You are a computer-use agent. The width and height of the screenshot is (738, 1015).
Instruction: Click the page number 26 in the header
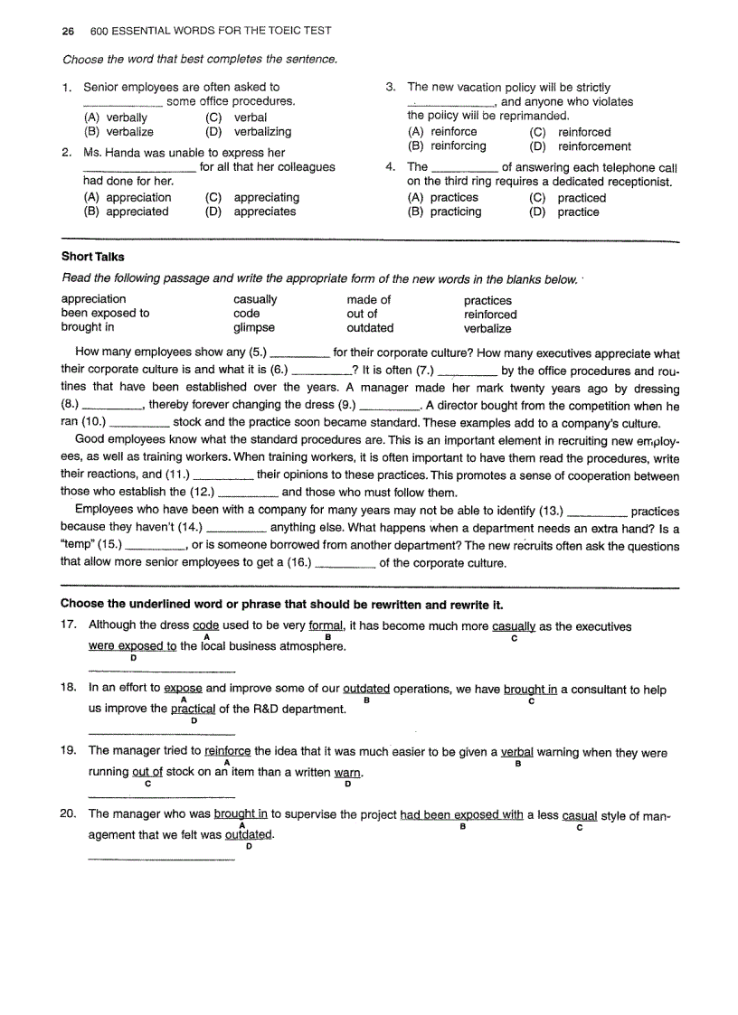tap(67, 31)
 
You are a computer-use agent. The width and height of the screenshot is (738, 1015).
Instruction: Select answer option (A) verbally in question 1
tap(115, 117)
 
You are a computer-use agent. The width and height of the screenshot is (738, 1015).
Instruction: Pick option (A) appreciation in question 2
tap(127, 197)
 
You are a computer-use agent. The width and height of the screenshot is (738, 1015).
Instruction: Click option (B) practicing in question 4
tap(444, 212)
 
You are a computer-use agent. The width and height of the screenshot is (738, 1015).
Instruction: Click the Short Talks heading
tap(92, 257)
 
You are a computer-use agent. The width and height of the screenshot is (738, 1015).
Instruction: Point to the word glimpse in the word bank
tap(253, 328)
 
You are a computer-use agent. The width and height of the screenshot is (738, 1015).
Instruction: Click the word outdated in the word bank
tap(370, 328)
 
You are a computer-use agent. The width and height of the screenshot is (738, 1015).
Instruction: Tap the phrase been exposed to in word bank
tap(105, 314)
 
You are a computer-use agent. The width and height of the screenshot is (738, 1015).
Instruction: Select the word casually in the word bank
tap(255, 299)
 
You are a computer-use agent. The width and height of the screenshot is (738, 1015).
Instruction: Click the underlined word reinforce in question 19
tap(228, 751)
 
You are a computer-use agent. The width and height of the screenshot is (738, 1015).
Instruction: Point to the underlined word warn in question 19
tap(348, 773)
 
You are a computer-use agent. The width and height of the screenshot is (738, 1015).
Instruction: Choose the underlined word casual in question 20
tap(579, 814)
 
